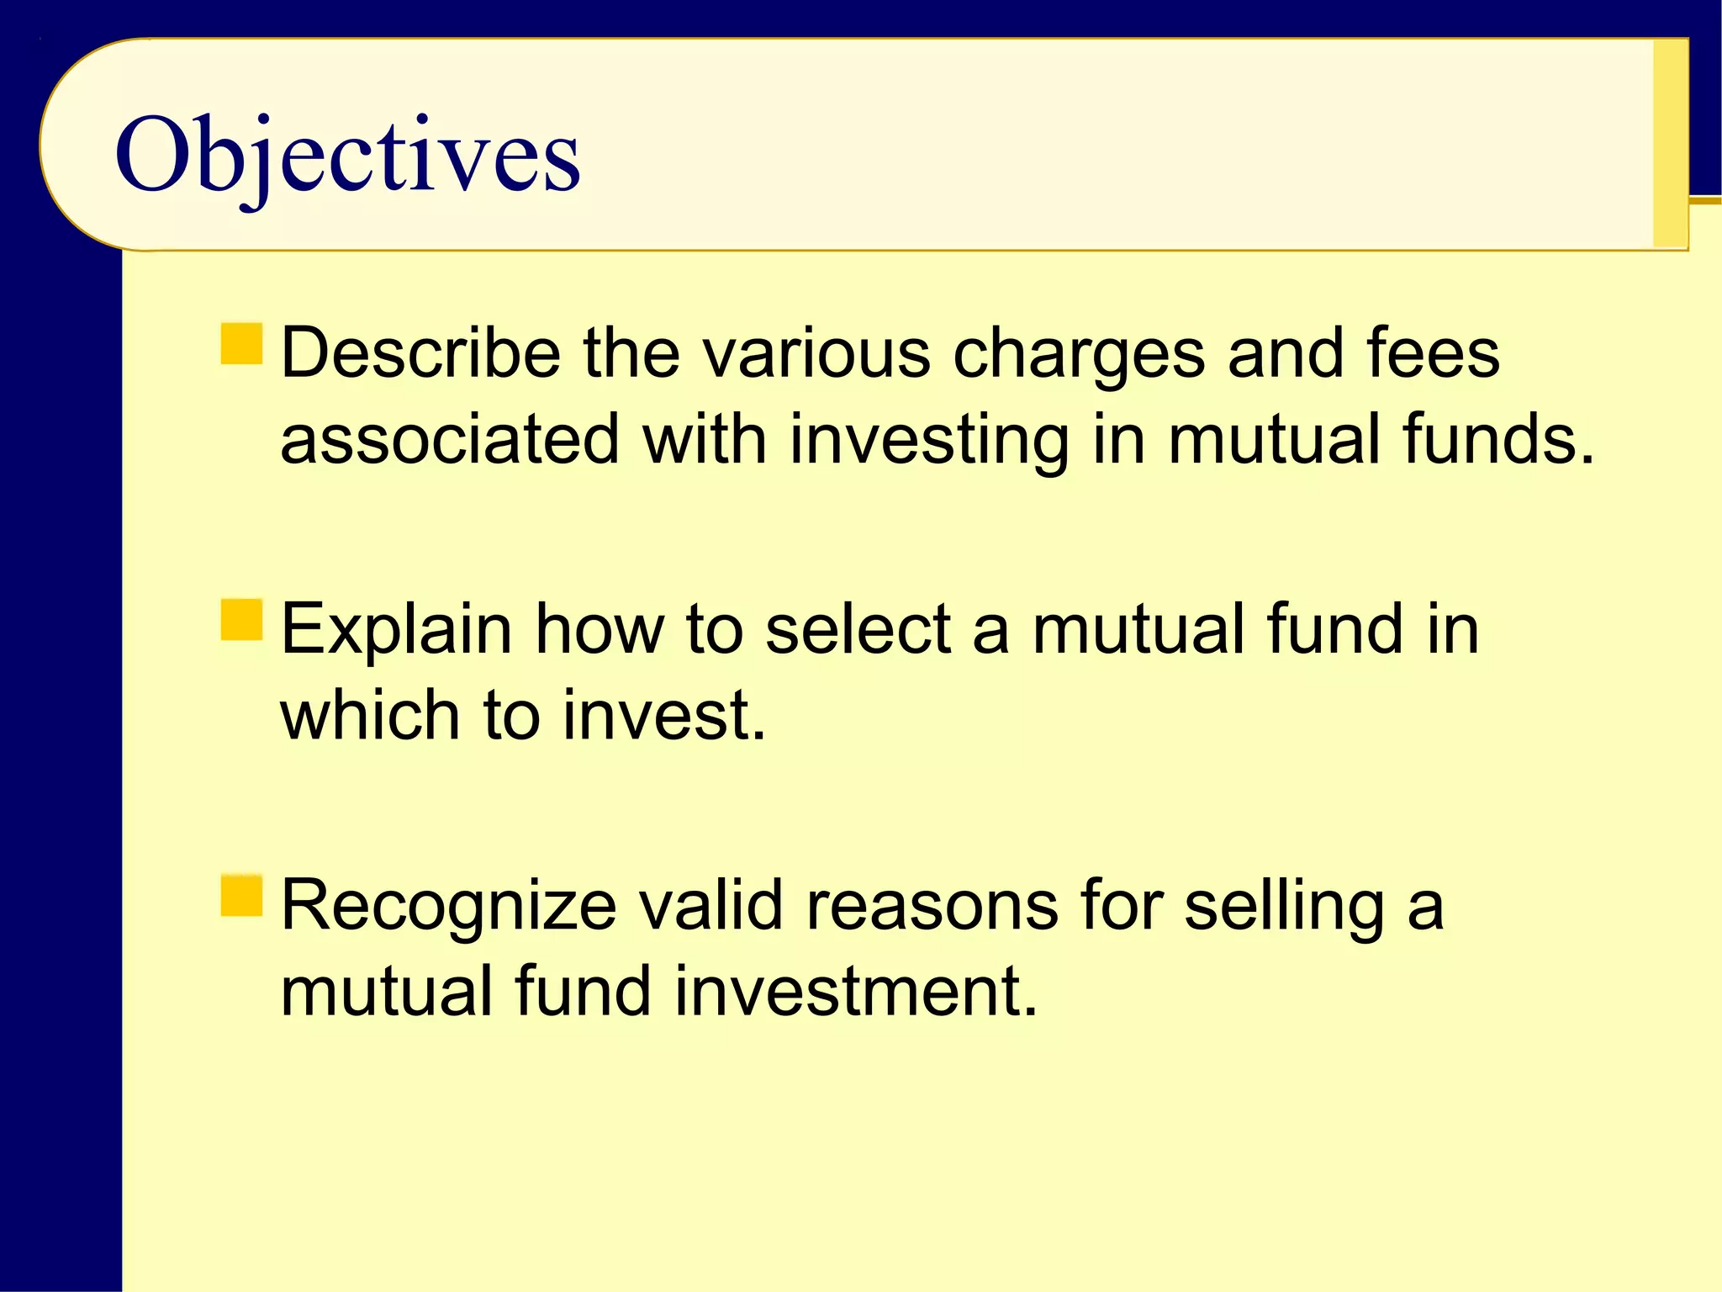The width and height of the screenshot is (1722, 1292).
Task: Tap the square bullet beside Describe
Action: (x=242, y=344)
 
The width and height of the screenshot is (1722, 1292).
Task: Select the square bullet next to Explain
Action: (x=242, y=620)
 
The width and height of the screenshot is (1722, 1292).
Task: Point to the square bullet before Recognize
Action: (x=242, y=896)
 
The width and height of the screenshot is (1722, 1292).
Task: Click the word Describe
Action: (x=420, y=353)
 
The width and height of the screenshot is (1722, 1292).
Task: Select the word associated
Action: (x=451, y=439)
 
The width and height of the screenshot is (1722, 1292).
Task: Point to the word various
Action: (x=816, y=353)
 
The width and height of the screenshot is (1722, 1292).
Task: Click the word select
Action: (x=858, y=629)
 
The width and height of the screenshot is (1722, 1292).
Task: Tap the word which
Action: (x=370, y=715)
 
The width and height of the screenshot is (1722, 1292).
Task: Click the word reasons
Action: (x=932, y=907)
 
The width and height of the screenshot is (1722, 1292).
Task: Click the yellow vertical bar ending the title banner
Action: (x=1670, y=143)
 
